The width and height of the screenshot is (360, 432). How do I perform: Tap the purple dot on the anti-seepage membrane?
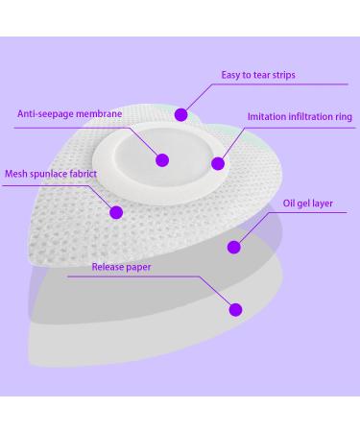point(162,159)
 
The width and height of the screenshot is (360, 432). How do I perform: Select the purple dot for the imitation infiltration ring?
point(217,163)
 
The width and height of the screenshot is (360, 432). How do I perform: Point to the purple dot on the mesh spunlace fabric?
point(116,212)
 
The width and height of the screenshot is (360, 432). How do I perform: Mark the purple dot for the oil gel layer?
point(234,247)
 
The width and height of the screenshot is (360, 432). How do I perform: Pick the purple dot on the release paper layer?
point(234,308)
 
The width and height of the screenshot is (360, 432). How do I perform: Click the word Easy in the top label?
point(231,74)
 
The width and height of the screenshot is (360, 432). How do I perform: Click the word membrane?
point(103,113)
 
